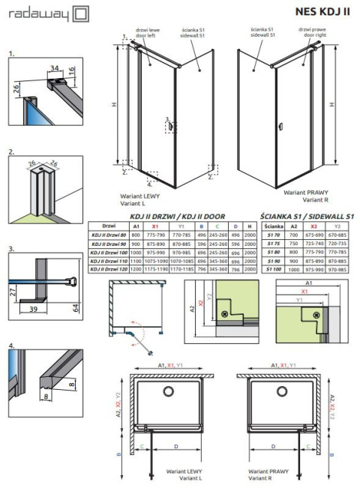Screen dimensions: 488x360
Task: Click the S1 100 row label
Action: [273, 268]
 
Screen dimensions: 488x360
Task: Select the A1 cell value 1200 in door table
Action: [136, 268]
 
